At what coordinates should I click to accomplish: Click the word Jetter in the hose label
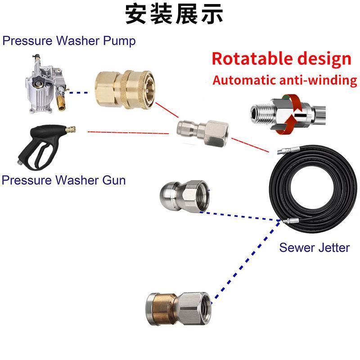(x=333, y=247)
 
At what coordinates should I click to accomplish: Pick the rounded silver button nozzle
(x=182, y=194)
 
